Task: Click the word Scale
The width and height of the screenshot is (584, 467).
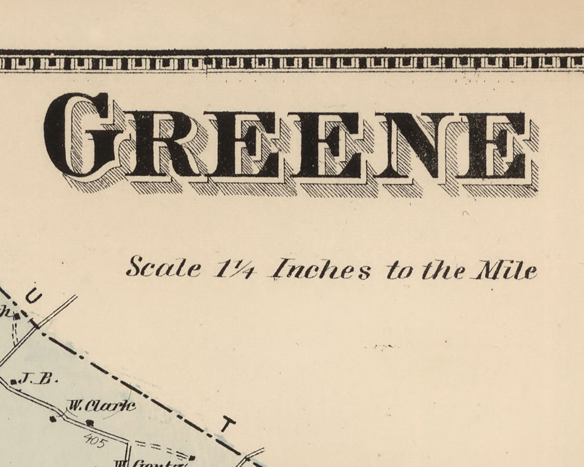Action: coord(164,268)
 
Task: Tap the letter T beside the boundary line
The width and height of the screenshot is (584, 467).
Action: coord(228,425)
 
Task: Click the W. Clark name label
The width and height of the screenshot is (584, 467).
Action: coord(101,406)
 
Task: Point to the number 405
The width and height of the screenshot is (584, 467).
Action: coord(94,440)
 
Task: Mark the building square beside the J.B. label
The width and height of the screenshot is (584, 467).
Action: coord(13,382)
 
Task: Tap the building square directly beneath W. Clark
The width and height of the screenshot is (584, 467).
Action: coord(89,423)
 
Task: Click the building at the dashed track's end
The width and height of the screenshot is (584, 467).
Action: coord(191,458)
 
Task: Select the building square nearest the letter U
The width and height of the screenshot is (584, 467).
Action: coord(16,316)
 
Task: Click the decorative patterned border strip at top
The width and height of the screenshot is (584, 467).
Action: coord(292,63)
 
